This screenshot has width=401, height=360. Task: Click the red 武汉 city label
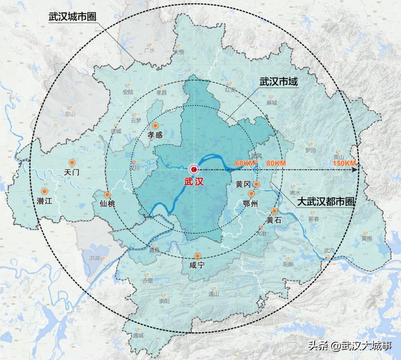(x=194, y=182)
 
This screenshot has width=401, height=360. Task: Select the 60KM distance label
(x=245, y=163)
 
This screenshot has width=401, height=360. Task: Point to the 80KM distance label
(x=276, y=163)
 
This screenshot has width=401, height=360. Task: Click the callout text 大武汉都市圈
(x=326, y=202)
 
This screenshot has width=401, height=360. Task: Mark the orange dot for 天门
(x=72, y=163)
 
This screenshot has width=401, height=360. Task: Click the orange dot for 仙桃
(x=107, y=195)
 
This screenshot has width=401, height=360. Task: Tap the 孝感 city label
(x=155, y=135)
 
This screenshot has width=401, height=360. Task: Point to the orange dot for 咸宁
(x=197, y=256)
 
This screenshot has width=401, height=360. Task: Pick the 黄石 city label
(x=274, y=220)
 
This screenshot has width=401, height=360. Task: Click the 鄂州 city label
(x=251, y=204)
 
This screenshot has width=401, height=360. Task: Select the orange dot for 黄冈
(x=257, y=184)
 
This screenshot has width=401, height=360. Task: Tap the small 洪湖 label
(x=94, y=258)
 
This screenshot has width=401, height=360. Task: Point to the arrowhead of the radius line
(x=355, y=170)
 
